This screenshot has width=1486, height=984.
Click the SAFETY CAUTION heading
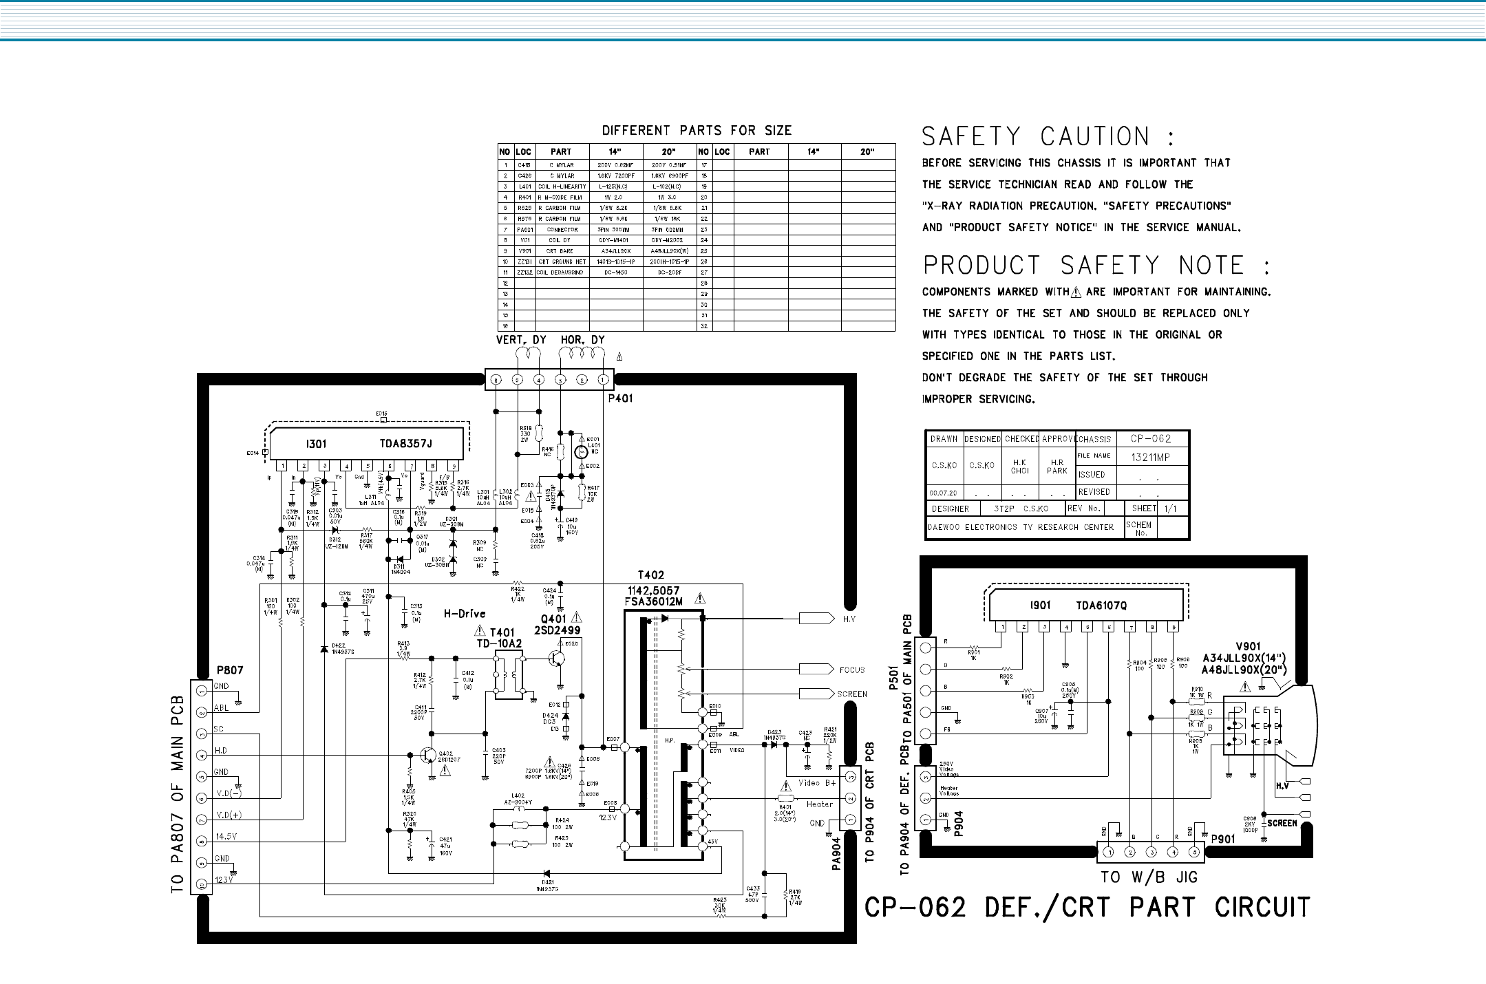[1047, 137]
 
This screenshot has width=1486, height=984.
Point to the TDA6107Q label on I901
[1101, 606]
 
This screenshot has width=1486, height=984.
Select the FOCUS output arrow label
[852, 670]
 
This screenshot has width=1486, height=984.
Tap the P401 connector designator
[619, 398]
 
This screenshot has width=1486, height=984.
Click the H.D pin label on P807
[222, 749]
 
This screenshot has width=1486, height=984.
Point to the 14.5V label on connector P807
[229, 837]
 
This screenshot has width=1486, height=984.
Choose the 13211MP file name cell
[1151, 457]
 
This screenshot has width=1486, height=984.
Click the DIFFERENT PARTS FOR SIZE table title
[697, 131]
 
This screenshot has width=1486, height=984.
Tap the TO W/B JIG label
[1149, 877]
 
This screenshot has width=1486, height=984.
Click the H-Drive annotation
[465, 614]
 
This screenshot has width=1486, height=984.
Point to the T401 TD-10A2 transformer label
[500, 638]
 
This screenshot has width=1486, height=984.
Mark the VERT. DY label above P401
[521, 341]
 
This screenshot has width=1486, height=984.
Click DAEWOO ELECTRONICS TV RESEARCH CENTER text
[1020, 527]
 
